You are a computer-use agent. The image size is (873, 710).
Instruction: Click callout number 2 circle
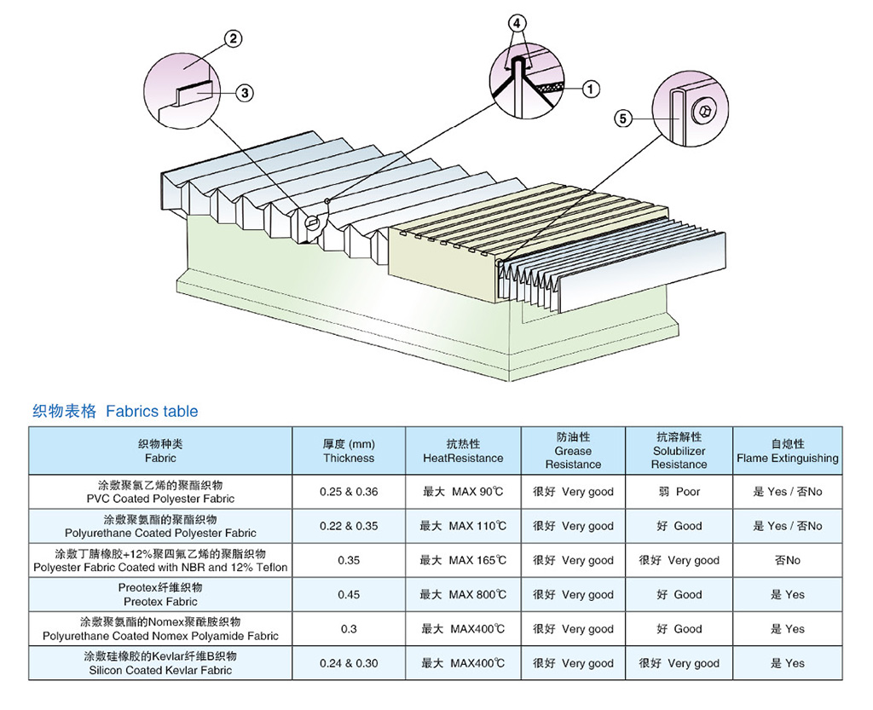point(234,38)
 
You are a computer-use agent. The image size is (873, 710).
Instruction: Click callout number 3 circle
point(245,93)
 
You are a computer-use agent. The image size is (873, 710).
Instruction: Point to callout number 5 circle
point(624,118)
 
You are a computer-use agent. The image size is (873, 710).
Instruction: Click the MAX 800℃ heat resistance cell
point(463,595)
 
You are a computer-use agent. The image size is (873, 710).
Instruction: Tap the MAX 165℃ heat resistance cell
point(463,560)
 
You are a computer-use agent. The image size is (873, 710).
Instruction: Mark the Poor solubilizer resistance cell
point(679,492)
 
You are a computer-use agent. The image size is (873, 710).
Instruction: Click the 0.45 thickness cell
point(349,595)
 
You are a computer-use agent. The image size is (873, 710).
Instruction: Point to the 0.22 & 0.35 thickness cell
point(349,526)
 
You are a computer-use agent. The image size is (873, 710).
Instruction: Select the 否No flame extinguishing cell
point(787,560)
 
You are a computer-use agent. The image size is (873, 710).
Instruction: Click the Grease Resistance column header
point(573,451)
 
